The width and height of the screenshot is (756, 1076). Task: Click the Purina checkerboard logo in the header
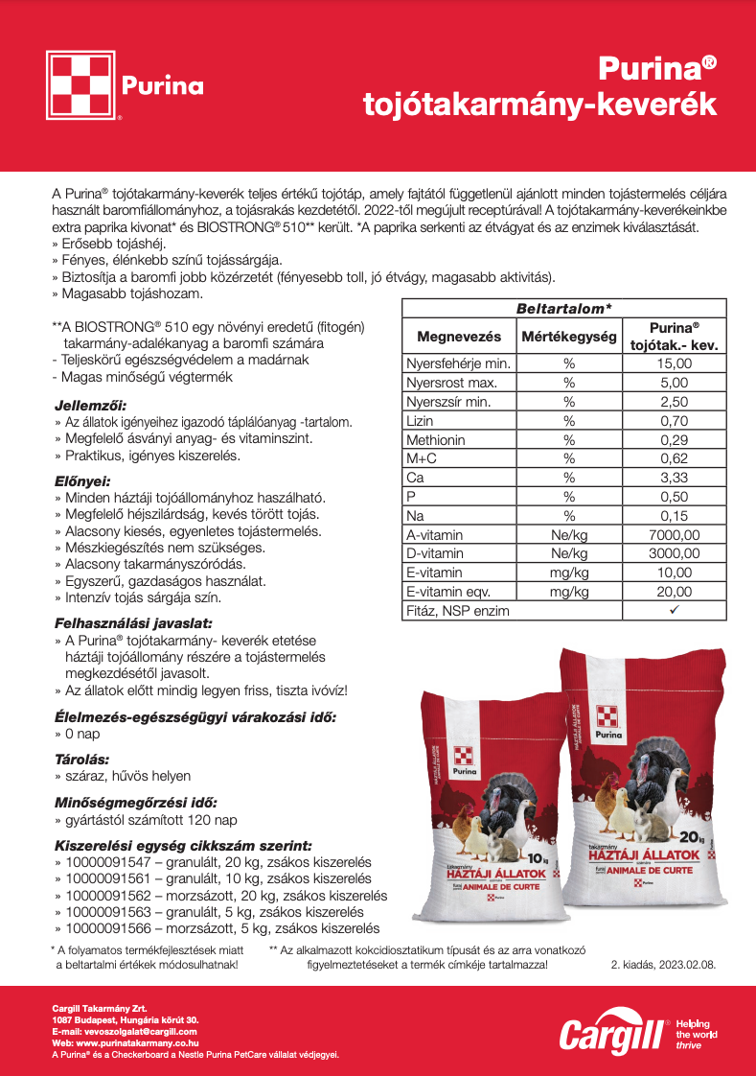click(82, 85)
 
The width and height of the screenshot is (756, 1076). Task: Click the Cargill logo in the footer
click(614, 1033)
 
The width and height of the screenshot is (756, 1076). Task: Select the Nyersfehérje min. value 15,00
click(675, 363)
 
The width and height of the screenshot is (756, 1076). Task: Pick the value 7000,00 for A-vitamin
click(675, 534)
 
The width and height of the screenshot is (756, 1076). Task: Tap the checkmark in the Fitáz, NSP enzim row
click(675, 610)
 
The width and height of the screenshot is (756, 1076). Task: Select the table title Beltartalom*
click(563, 309)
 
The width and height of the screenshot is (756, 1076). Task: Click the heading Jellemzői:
click(91, 405)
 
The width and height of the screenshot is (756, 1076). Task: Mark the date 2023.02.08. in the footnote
click(682, 965)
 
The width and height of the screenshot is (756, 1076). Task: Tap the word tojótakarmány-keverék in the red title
click(539, 104)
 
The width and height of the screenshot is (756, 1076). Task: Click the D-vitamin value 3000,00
click(675, 553)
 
